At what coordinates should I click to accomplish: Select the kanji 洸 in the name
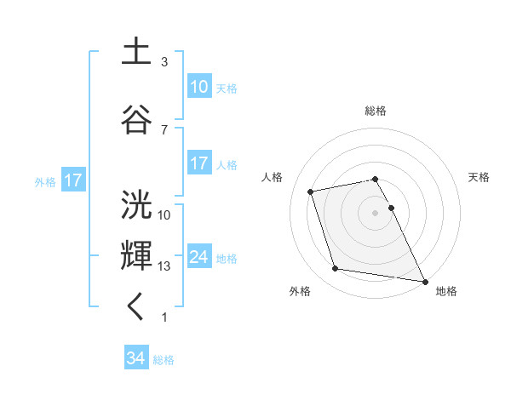[137, 205]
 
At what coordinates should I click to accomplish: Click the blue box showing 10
[199, 87]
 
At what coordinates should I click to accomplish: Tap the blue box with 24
[199, 257]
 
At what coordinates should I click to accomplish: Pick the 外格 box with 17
[72, 180]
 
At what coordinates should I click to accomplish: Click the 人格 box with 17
[199, 163]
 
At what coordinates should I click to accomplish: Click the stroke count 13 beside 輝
[164, 266]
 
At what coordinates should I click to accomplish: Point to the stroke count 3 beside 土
[164, 62]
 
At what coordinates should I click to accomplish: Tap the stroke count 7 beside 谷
[164, 129]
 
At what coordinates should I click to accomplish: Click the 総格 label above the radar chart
[376, 111]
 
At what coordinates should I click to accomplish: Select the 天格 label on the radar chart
[479, 177]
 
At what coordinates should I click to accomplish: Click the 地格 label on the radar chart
[446, 291]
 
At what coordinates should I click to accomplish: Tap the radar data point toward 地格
[424, 280]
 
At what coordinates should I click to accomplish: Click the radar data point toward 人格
[311, 191]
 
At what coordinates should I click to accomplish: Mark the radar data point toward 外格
[336, 269]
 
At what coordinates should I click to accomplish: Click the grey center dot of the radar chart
[376, 212]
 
